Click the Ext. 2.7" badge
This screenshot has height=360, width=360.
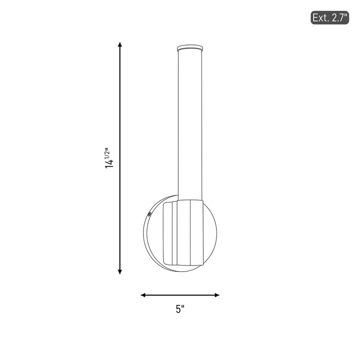coord(329,17)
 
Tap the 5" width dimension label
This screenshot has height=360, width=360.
coord(180,309)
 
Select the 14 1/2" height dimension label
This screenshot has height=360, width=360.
coord(109,158)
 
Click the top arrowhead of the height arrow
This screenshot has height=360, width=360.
coord(119,44)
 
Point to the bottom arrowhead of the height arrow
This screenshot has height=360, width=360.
coord(119,272)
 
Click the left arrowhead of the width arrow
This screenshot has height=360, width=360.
coord(143,295)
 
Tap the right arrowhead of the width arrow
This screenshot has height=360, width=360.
coord(216,295)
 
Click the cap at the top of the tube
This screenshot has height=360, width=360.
coord(190,48)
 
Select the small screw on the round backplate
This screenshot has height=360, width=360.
coord(149,214)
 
